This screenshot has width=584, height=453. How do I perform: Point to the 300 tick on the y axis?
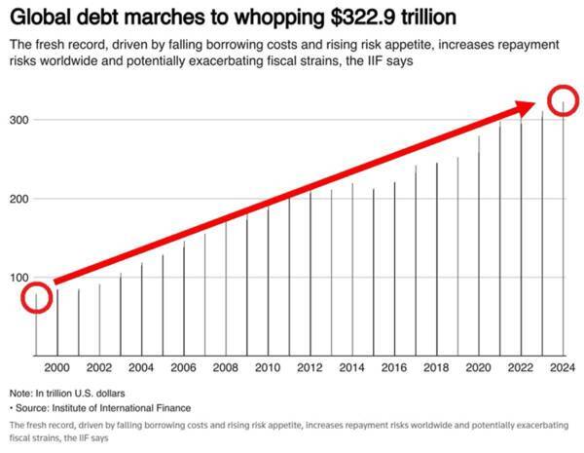(18, 119)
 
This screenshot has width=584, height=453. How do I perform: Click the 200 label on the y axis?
(18, 198)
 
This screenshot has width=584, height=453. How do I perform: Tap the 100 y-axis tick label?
(18, 278)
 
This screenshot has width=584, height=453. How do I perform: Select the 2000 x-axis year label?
(57, 367)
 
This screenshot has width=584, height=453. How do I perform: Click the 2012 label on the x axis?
(310, 367)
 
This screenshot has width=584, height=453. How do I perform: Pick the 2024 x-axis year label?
(564, 367)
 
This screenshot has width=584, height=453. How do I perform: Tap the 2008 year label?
(226, 367)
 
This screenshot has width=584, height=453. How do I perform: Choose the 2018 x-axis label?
(437, 367)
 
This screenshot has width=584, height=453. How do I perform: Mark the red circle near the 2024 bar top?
(564, 101)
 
